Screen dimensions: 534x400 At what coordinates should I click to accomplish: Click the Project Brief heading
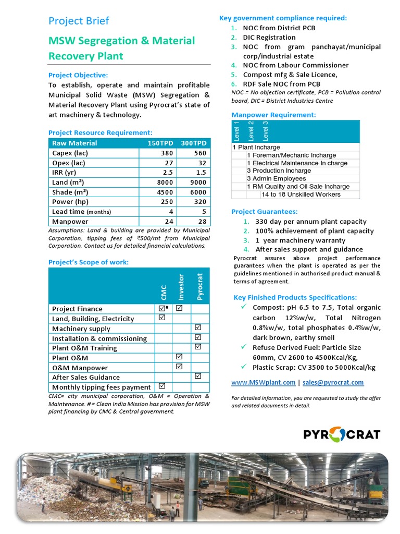[x=79, y=21]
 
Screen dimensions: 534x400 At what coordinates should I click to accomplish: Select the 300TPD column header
[x=194, y=143]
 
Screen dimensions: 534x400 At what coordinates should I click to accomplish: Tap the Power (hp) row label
[x=70, y=202]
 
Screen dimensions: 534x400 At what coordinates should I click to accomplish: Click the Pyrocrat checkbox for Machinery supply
[x=198, y=328]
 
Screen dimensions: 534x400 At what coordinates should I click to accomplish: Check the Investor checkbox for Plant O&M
[x=180, y=357]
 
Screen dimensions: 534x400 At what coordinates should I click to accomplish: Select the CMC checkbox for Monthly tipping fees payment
[x=162, y=386]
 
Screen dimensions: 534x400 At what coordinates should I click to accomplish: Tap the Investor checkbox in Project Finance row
[x=180, y=309]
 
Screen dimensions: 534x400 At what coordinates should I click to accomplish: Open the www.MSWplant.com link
[x=263, y=382]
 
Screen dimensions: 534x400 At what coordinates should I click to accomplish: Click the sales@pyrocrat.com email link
[x=333, y=382]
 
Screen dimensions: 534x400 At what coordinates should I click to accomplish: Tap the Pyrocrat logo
[x=342, y=434]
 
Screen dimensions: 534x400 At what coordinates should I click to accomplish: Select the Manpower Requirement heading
[x=273, y=115]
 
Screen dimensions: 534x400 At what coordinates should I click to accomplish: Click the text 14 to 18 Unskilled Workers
[x=301, y=195]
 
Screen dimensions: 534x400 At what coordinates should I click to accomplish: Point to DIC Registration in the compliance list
[x=269, y=38]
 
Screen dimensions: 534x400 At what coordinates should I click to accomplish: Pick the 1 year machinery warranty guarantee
[x=300, y=240]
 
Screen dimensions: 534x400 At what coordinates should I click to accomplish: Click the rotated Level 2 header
[x=251, y=131]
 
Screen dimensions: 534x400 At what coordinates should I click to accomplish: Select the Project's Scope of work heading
[x=89, y=262]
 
